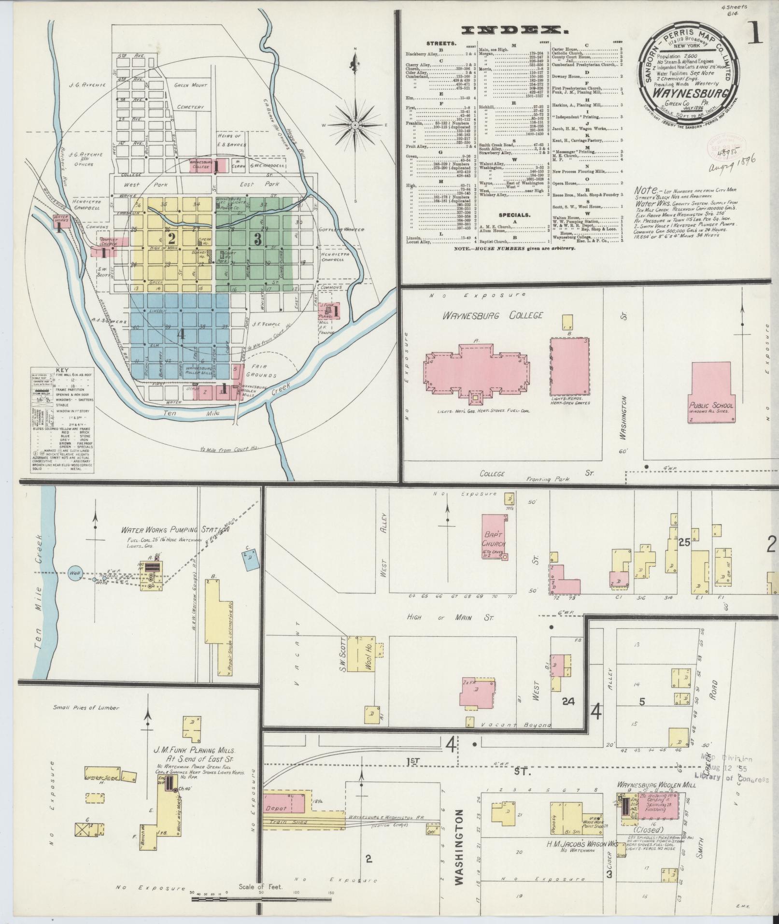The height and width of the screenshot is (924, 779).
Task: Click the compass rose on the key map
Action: click(x=355, y=125)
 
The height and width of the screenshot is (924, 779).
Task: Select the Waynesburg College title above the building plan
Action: click(x=492, y=315)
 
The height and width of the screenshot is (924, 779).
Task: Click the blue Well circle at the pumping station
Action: click(x=75, y=573)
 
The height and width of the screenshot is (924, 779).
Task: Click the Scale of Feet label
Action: click(x=260, y=887)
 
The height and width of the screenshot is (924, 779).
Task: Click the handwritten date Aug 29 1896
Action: click(x=731, y=166)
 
